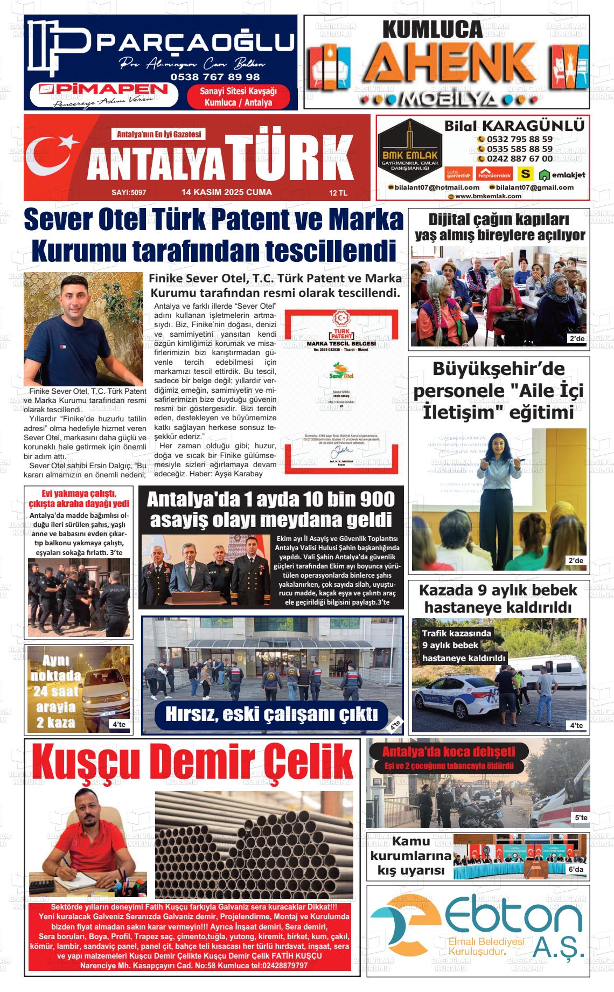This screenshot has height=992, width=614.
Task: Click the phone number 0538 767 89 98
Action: tap(215, 77)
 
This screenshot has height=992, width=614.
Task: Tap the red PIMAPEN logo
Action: tap(104, 89)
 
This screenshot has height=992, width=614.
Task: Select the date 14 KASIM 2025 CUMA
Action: tap(227, 192)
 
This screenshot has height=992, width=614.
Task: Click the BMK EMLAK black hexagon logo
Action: tap(409, 145)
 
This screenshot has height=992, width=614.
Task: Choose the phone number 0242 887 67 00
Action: tap(519, 158)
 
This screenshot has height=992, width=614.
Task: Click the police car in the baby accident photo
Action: tap(447, 697)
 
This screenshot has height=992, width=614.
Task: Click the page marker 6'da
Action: tap(575, 870)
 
